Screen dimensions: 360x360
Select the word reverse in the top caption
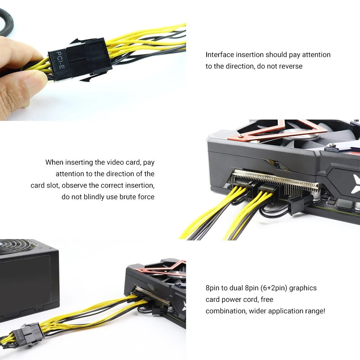tap(291, 66)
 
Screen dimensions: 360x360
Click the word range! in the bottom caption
tap(314, 311)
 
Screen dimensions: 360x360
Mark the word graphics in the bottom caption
tap(303, 288)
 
